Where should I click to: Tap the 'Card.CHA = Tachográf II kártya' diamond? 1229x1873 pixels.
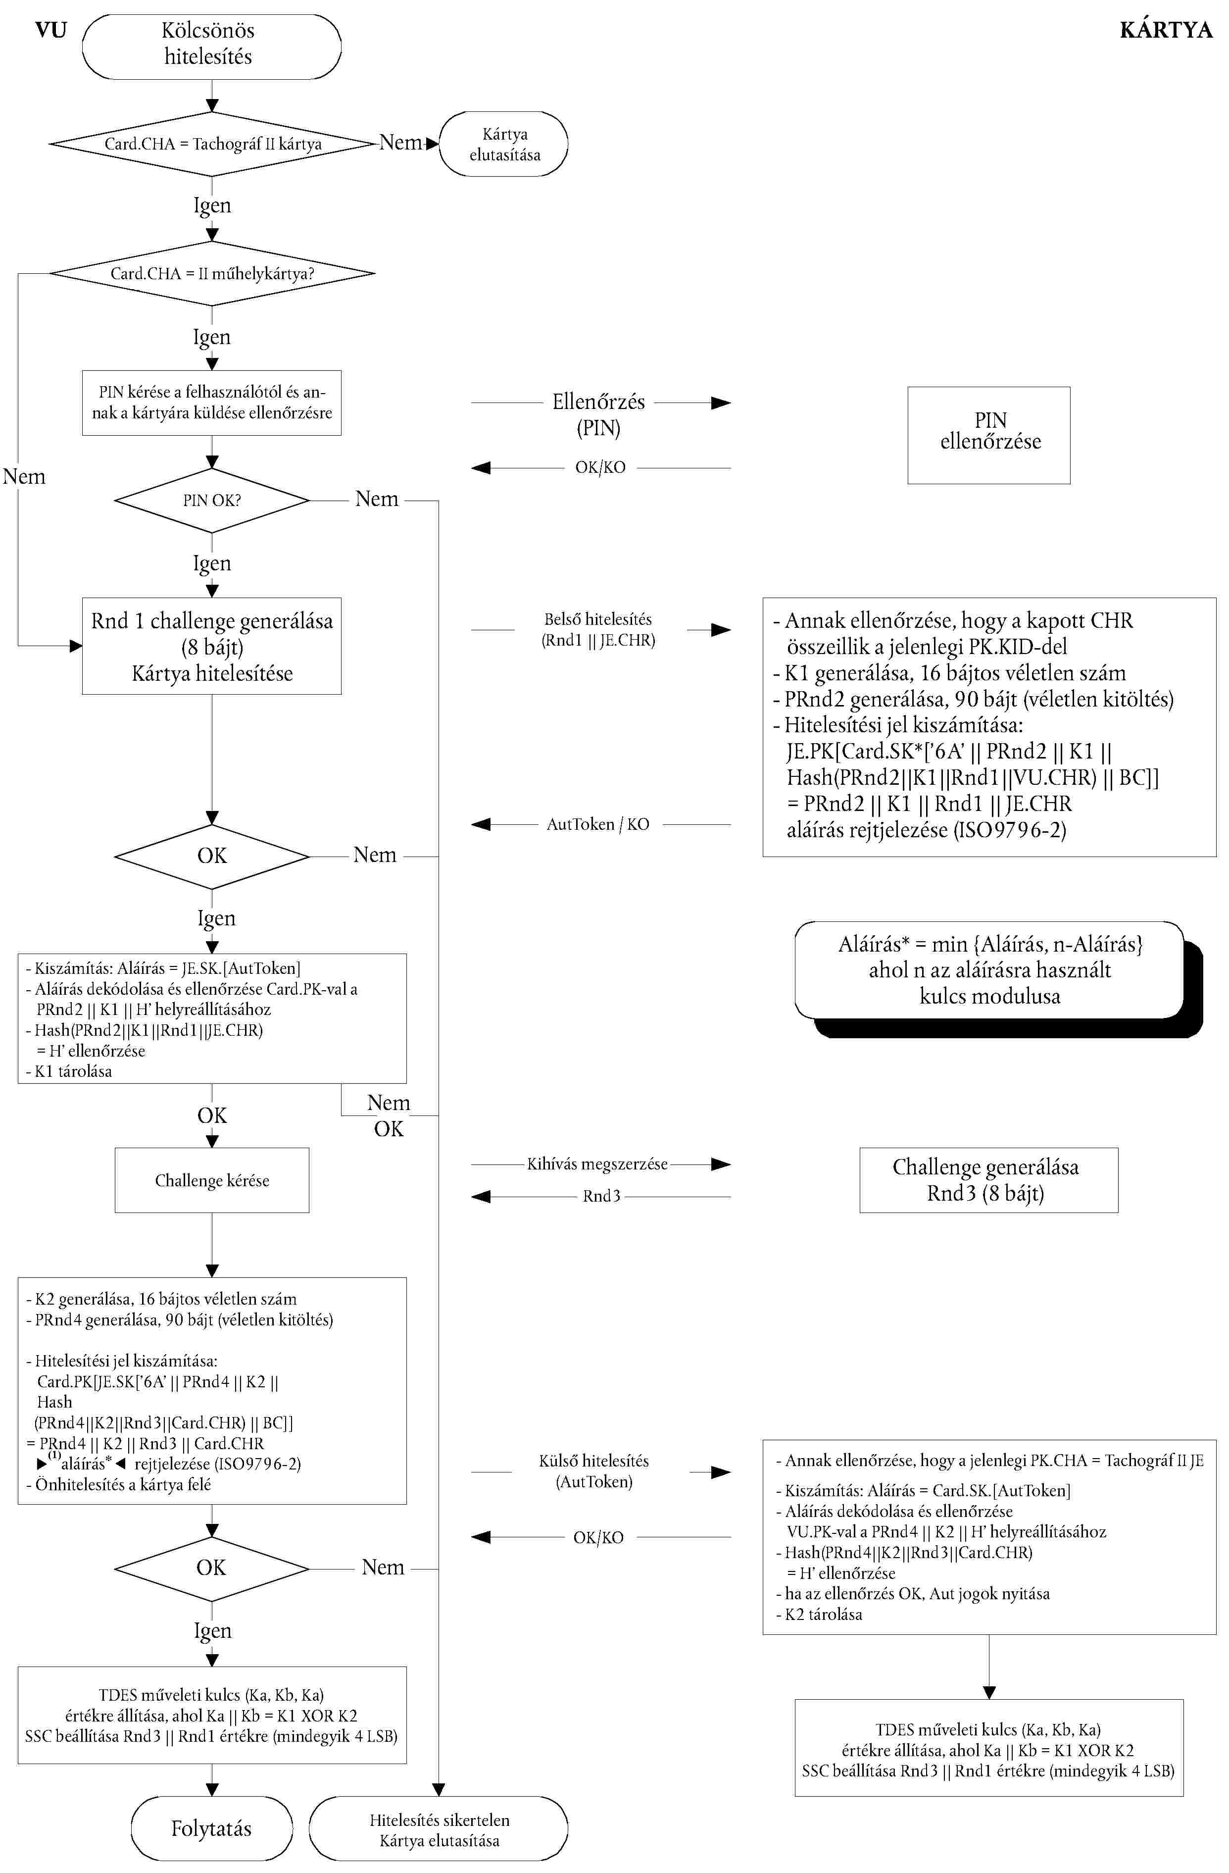tap(212, 144)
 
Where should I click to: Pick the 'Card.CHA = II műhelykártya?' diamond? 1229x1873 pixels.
tap(212, 274)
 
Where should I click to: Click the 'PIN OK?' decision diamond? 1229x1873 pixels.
tap(212, 501)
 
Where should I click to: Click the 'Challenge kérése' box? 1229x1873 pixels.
tap(212, 1180)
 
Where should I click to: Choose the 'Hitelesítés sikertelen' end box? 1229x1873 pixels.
tap(438, 1829)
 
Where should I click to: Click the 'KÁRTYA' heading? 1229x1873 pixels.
tap(1165, 30)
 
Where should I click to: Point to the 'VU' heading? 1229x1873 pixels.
tap(51, 30)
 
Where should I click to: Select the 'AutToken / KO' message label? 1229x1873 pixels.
tap(598, 824)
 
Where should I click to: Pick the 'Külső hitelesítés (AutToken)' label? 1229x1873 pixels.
tap(594, 1471)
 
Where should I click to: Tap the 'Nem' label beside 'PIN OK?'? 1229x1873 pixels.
tap(377, 499)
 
